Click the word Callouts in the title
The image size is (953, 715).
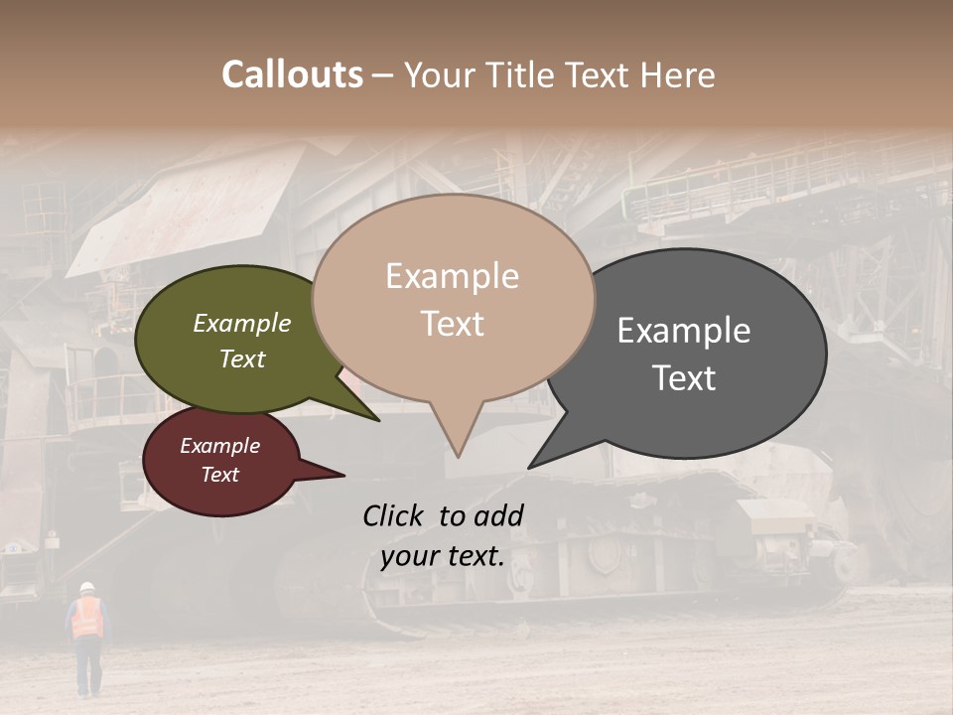pyautogui.click(x=292, y=74)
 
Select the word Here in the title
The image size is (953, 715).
pyautogui.click(x=678, y=74)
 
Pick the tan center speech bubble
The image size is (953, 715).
pyautogui.click(x=453, y=298)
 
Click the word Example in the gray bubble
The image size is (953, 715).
pyautogui.click(x=684, y=331)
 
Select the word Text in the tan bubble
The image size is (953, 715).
pyautogui.click(x=453, y=324)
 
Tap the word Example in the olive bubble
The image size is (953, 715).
pyautogui.click(x=242, y=323)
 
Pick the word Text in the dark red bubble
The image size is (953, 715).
pyautogui.click(x=220, y=475)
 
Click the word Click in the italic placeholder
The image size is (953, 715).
pyautogui.click(x=394, y=515)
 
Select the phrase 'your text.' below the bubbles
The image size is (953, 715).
pyautogui.click(x=443, y=556)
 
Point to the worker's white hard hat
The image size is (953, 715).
pyautogui.click(x=86, y=586)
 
